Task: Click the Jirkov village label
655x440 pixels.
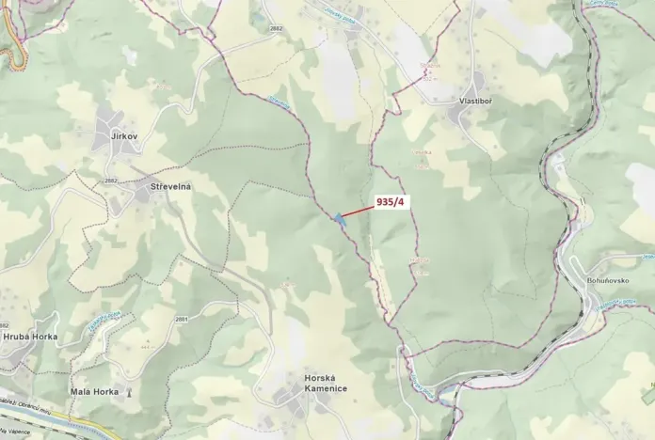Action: click(x=124, y=137)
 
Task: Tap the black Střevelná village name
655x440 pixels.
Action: click(x=170, y=187)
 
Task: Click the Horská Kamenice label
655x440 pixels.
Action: click(x=325, y=383)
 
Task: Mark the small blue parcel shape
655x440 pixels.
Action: click(x=337, y=220)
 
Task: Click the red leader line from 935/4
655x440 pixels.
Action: click(x=358, y=212)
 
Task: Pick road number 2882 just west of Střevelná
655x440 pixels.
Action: click(x=111, y=181)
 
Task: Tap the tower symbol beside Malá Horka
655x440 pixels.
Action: click(x=129, y=390)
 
